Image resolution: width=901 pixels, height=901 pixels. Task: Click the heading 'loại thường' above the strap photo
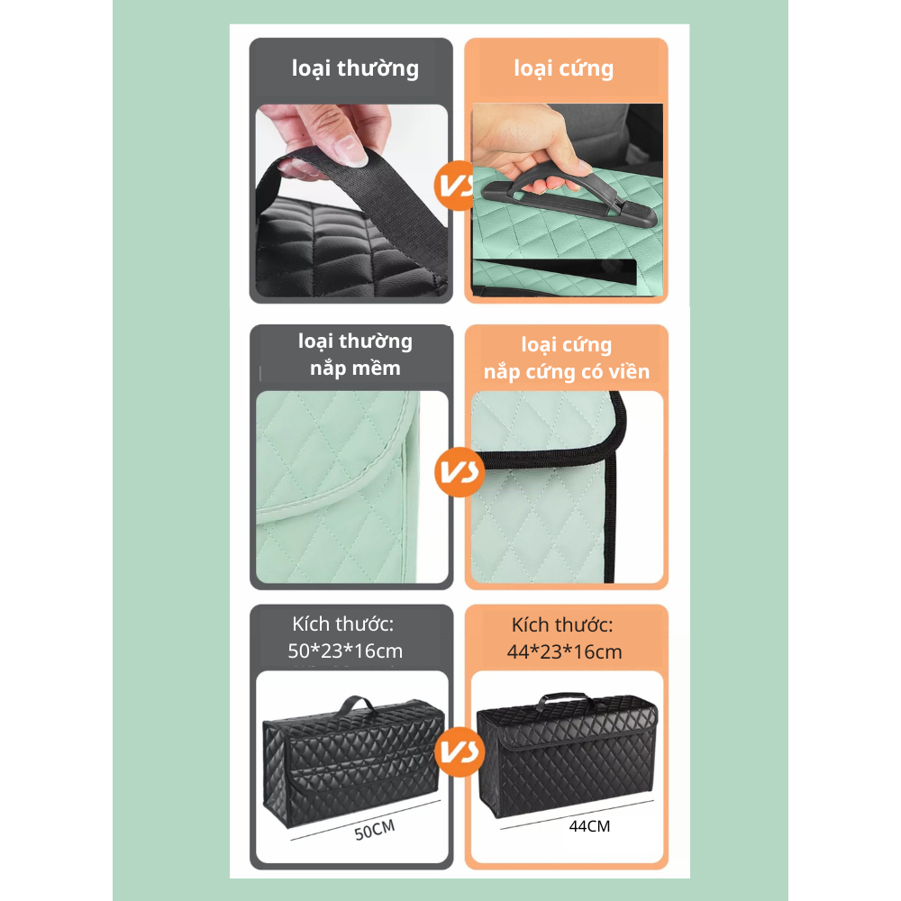(x=355, y=68)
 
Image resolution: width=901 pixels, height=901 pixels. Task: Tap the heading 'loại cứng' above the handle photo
(x=564, y=68)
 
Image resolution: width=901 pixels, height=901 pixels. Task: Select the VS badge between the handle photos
(x=454, y=185)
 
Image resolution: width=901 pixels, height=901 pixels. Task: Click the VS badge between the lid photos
(x=460, y=472)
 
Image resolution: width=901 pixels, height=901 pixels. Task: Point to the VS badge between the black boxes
(x=460, y=751)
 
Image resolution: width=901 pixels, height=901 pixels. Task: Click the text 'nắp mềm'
(x=355, y=368)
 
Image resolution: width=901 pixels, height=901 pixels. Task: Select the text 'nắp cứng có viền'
(x=567, y=372)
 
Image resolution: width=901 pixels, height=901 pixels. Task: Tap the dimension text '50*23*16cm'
(x=345, y=651)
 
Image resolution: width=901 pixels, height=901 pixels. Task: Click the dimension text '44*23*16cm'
(x=564, y=652)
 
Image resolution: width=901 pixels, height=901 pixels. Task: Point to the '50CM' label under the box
(x=375, y=830)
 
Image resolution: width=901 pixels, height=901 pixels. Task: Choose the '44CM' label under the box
(x=589, y=826)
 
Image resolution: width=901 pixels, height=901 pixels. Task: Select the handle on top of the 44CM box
(x=566, y=699)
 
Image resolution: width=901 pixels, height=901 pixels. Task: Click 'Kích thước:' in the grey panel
(x=343, y=624)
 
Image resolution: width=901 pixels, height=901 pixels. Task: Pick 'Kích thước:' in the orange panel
(x=562, y=625)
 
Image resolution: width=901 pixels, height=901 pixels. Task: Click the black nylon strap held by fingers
(x=368, y=196)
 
